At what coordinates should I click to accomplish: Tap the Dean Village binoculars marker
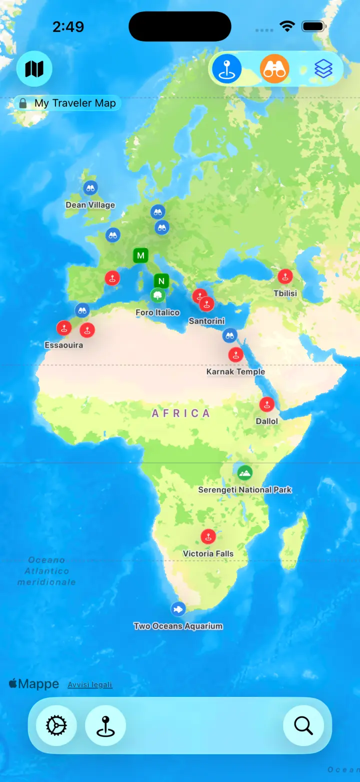90,188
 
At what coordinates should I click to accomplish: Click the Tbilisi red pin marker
285,276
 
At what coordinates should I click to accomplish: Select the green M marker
141,255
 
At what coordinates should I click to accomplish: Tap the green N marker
161,281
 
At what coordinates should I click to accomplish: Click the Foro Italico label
157,312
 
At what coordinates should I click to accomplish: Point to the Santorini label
206,321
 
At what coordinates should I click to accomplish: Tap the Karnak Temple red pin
235,355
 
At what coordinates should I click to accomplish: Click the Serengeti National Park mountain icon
244,472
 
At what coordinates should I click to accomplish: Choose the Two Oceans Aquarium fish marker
178,609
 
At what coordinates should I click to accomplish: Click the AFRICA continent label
181,413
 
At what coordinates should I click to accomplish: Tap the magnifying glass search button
303,725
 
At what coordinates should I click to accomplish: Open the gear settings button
56,725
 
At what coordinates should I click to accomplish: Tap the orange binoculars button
274,69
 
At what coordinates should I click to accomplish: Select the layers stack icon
323,69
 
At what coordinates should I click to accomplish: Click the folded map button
34,69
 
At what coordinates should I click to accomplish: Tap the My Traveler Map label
74,103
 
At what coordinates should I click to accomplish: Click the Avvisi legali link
90,684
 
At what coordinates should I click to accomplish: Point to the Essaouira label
63,345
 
